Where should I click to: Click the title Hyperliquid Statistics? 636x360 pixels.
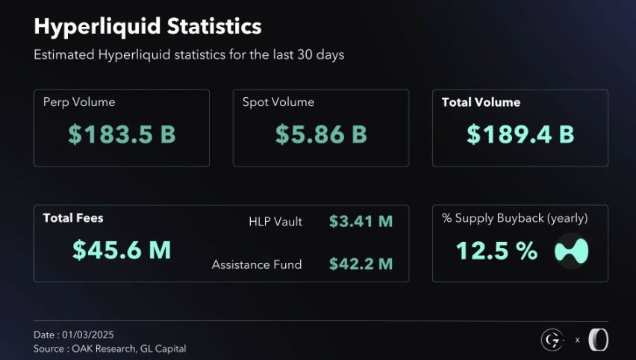coord(148,26)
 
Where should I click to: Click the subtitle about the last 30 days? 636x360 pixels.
coord(189,55)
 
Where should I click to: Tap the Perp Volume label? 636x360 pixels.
coord(79,102)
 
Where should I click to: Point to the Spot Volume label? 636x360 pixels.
coord(278,102)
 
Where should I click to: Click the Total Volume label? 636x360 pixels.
coord(481,102)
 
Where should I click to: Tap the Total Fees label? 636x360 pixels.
coord(73,218)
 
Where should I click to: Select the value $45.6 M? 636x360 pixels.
coord(122,250)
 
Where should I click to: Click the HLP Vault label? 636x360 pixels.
coord(275,222)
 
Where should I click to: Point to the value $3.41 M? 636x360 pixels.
coord(361,221)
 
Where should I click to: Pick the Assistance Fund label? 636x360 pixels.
coord(257,264)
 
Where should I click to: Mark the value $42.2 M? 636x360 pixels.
coord(361,264)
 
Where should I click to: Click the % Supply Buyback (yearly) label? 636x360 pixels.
coord(515,219)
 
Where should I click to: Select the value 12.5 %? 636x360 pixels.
coord(496,252)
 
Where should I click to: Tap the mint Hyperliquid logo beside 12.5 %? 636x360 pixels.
coord(572,252)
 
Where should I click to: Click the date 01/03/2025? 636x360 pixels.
coord(74,335)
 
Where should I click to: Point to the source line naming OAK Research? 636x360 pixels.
coord(110,348)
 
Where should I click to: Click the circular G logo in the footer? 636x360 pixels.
coord(551,340)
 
